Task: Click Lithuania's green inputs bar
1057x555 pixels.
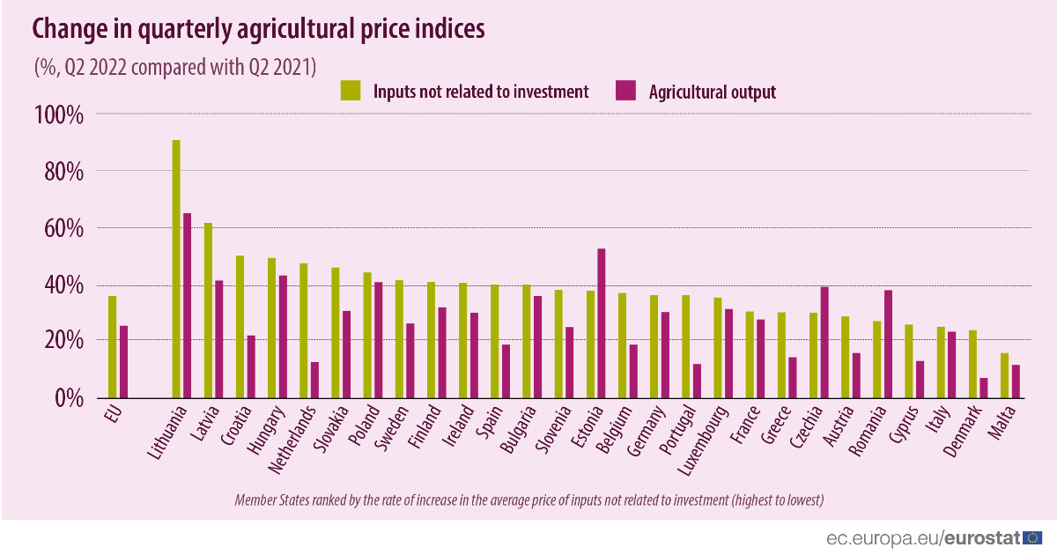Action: click(x=176, y=268)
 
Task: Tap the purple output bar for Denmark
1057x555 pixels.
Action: click(x=983, y=388)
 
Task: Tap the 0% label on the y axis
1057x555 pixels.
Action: click(x=63, y=398)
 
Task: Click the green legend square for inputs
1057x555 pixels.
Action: click(x=351, y=90)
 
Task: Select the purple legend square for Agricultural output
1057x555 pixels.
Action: click(x=625, y=90)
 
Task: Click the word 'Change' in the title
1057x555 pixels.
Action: click(x=73, y=30)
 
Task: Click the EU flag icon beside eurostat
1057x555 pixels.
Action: click(x=1033, y=536)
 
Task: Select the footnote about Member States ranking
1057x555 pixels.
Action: click(x=528, y=500)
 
